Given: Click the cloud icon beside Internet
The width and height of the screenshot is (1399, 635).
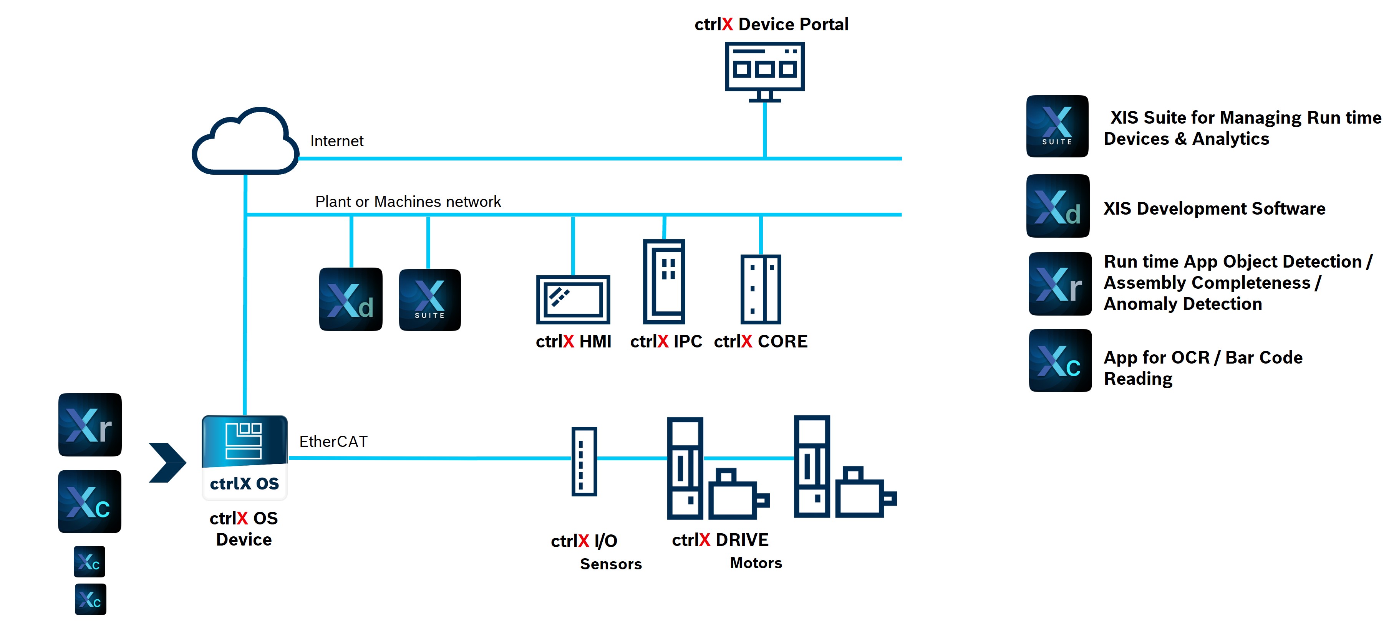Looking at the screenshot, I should click(x=245, y=142).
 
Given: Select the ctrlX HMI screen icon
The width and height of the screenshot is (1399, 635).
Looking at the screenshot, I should click(x=573, y=299).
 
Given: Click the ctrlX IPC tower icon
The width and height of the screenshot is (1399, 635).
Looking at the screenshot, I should click(x=664, y=282).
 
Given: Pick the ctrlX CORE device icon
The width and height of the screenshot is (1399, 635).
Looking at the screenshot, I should click(x=760, y=289).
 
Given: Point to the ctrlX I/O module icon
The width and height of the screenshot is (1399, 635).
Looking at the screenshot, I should click(x=584, y=461).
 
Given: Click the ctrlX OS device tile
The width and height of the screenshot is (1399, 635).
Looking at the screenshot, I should click(x=244, y=457).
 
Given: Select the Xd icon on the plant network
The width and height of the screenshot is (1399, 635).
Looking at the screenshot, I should click(x=351, y=299).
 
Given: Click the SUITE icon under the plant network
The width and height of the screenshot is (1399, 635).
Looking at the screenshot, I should click(x=429, y=299).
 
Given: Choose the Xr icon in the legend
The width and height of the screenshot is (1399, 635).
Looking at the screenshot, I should click(x=1059, y=284).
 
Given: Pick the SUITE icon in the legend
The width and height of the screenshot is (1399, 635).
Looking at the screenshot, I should click(x=1057, y=126).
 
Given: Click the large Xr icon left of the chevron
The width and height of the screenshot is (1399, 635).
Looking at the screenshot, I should click(x=90, y=424).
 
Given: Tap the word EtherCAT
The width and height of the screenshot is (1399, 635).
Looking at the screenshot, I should click(x=333, y=441).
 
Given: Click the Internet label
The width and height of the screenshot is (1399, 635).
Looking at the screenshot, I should click(x=337, y=141).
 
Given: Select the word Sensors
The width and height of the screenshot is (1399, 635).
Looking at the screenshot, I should click(x=610, y=564).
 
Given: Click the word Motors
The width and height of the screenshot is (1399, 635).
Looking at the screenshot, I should click(x=756, y=563).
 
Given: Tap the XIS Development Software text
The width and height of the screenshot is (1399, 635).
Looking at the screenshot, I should click(x=1214, y=208).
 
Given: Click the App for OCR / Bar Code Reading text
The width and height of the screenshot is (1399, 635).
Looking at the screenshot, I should click(x=1203, y=368).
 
